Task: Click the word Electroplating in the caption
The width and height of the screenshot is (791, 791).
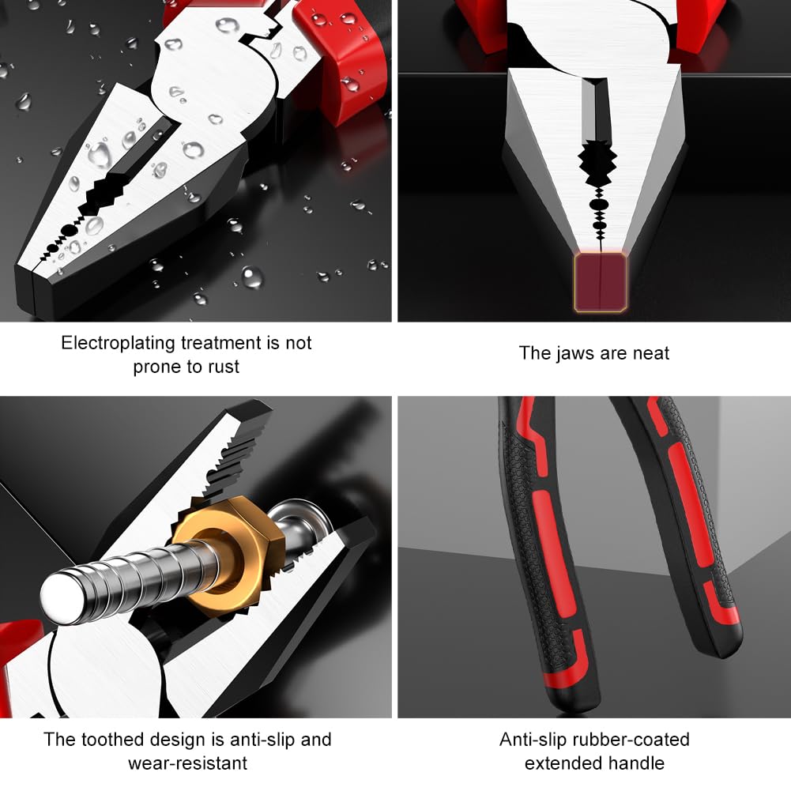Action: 119,344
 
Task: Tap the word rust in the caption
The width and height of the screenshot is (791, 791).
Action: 224,367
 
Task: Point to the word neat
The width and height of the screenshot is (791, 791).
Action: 651,354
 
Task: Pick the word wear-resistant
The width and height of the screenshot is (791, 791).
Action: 187,763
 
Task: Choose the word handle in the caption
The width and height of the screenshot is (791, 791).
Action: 637,763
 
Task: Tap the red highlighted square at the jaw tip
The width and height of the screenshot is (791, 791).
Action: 601,282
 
